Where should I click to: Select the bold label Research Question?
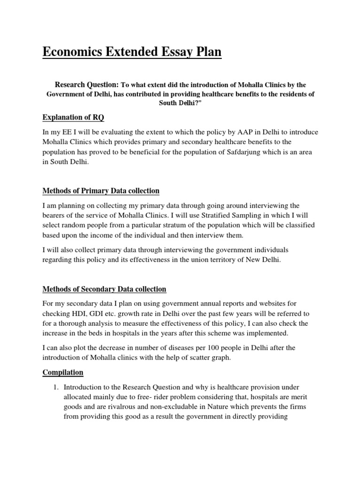coord(87,85)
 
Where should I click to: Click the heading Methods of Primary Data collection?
coord(101,191)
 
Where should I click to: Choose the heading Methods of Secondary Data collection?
coord(104,289)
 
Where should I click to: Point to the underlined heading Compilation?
coord(63,372)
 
